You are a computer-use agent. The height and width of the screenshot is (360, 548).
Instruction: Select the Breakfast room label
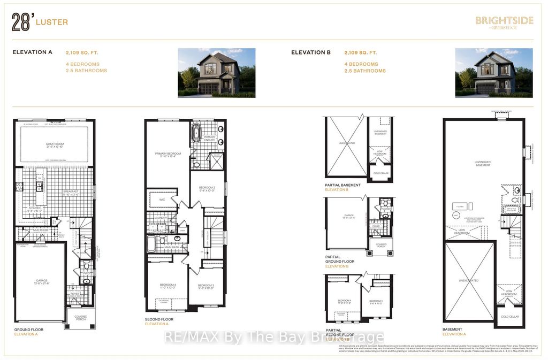click(x=71, y=192)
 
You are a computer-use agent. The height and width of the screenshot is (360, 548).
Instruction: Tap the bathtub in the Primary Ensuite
click(x=196, y=133)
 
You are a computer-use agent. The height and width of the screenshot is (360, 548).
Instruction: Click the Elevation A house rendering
click(x=216, y=73)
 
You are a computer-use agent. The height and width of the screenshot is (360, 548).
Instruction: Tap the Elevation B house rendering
click(x=493, y=73)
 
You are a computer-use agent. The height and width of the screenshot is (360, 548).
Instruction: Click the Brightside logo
click(x=504, y=22)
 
